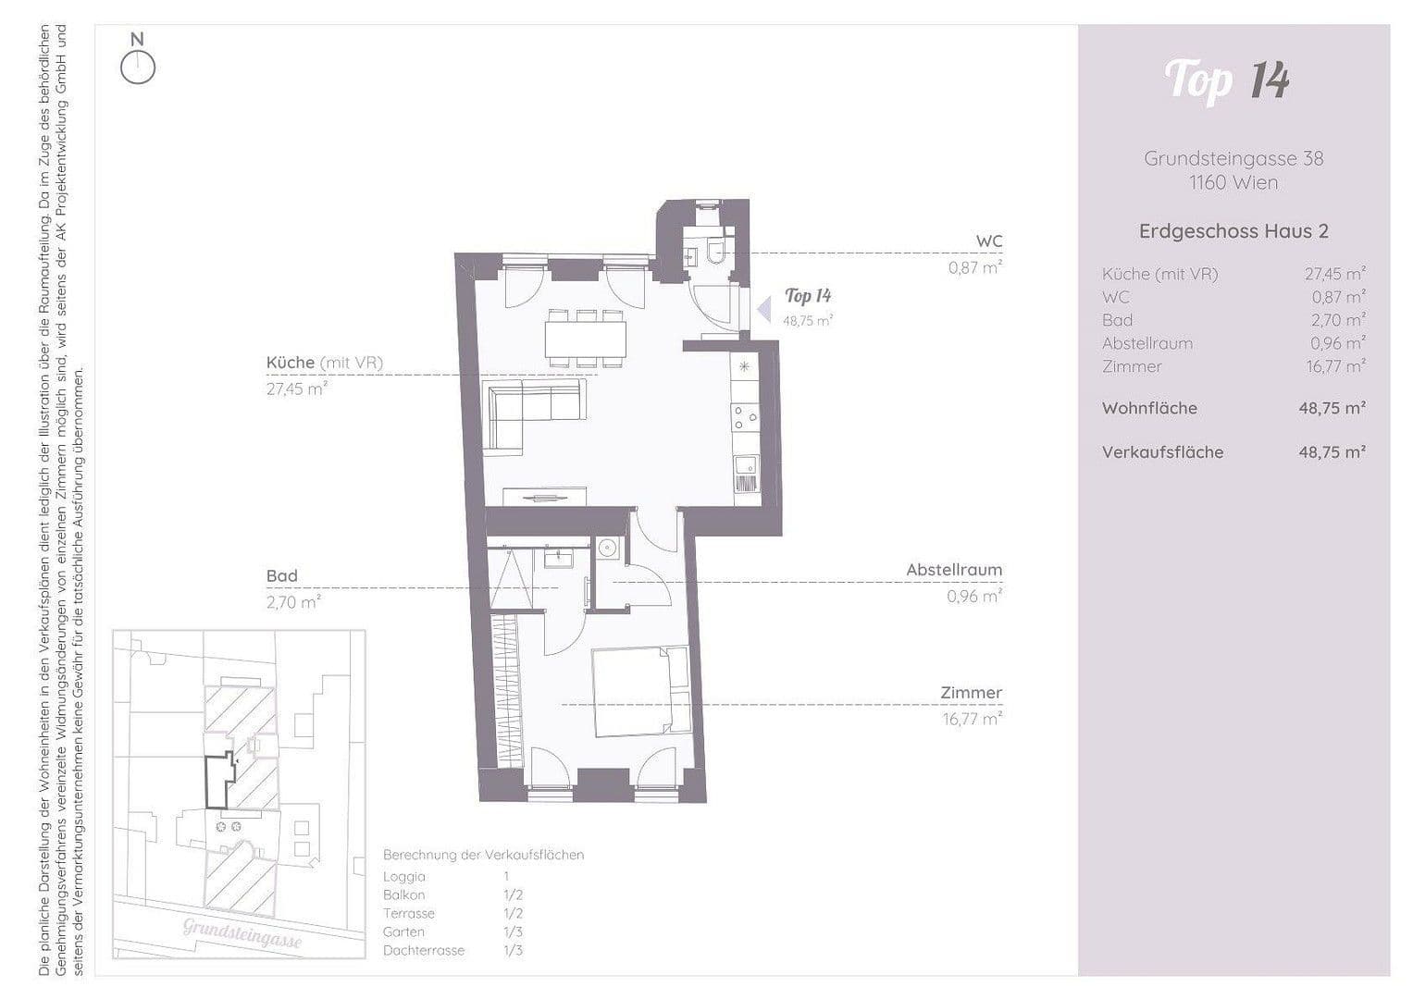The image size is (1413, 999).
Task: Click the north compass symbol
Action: [138, 67]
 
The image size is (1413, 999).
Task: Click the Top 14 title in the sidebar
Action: [1227, 80]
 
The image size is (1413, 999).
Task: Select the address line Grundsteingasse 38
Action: [1233, 158]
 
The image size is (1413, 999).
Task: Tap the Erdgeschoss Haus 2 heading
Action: [1233, 231]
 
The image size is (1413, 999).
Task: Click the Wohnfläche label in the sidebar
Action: [1149, 408]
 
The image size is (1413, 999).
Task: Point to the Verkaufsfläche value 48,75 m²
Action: [1332, 452]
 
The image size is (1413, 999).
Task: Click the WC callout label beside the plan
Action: [988, 241]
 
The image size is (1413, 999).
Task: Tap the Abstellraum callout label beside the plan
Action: [953, 571]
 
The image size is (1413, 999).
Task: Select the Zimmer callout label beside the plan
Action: [971, 693]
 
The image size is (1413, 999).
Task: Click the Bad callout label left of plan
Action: [282, 576]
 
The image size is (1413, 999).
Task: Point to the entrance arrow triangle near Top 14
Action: [763, 310]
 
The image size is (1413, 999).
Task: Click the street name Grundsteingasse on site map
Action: [242, 932]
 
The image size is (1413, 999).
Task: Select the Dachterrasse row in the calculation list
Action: [424, 951]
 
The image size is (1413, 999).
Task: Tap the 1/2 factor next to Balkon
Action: [514, 895]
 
